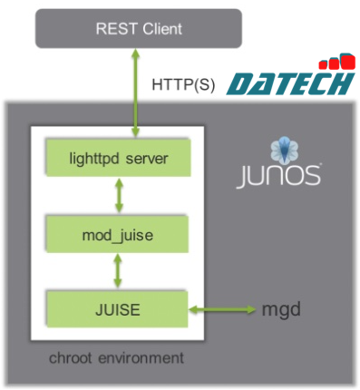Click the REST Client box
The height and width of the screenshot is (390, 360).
140,29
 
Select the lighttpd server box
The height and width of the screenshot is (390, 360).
117,161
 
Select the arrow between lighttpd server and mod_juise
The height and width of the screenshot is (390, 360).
117,198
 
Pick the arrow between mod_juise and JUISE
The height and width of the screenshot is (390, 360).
117,270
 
